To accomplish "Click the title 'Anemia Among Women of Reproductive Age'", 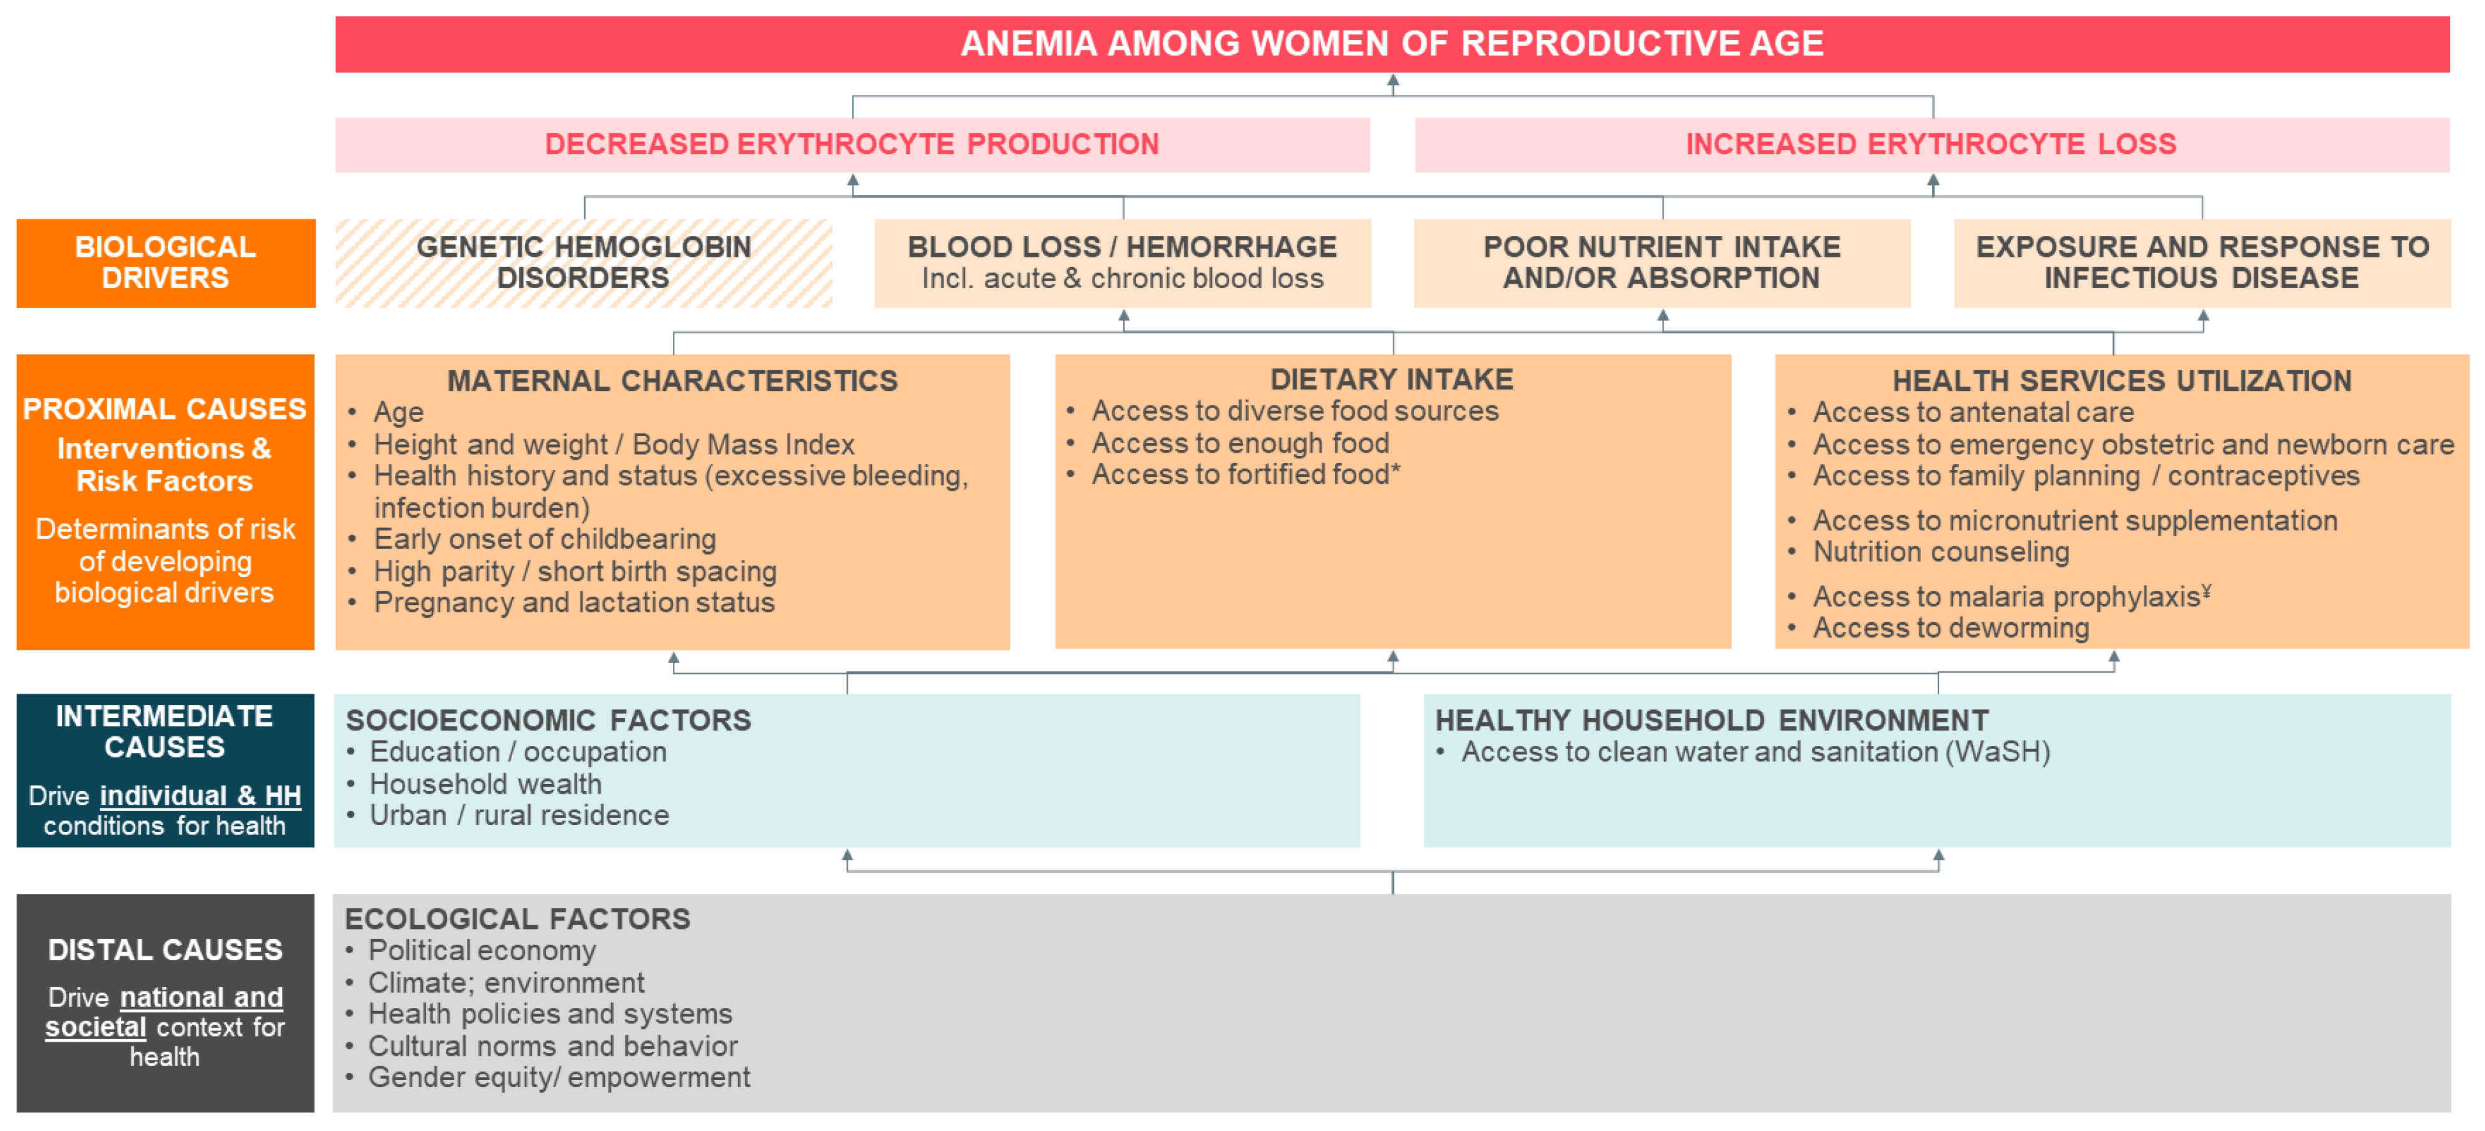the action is pyautogui.click(x=1392, y=43).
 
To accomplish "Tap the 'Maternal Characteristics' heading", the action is pyautogui.click(x=672, y=381).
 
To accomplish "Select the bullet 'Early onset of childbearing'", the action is pyautogui.click(x=545, y=539).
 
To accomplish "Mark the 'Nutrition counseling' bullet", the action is pyautogui.click(x=1941, y=551).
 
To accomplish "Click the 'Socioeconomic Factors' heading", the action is pyautogui.click(x=548, y=720).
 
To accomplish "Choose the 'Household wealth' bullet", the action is pyautogui.click(x=485, y=784).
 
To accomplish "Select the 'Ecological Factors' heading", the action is pyautogui.click(x=517, y=919).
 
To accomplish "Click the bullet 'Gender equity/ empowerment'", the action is pyautogui.click(x=559, y=1077).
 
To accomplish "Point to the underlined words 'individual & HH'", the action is pyautogui.click(x=201, y=796).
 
